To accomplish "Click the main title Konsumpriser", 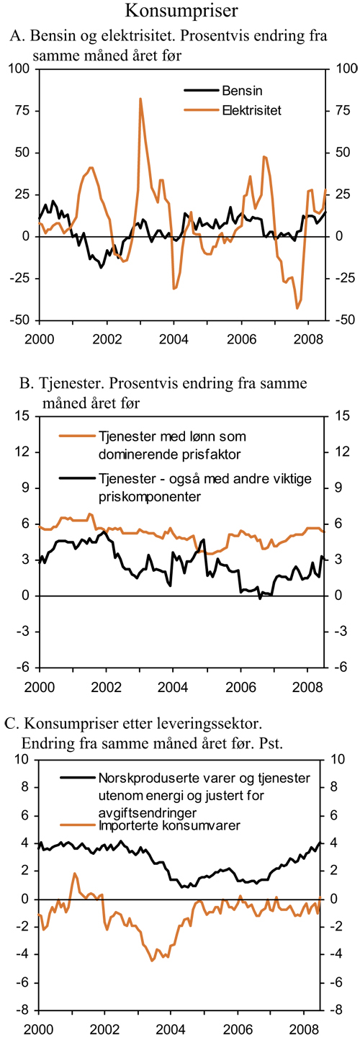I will pyautogui.click(x=180, y=11).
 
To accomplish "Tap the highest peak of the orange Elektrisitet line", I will pyautogui.click(x=140, y=99).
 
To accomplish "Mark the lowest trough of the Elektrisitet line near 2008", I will pyautogui.click(x=297, y=308).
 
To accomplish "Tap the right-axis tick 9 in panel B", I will pyautogui.click(x=336, y=488).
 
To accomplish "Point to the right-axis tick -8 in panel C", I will pyautogui.click(x=336, y=1010).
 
